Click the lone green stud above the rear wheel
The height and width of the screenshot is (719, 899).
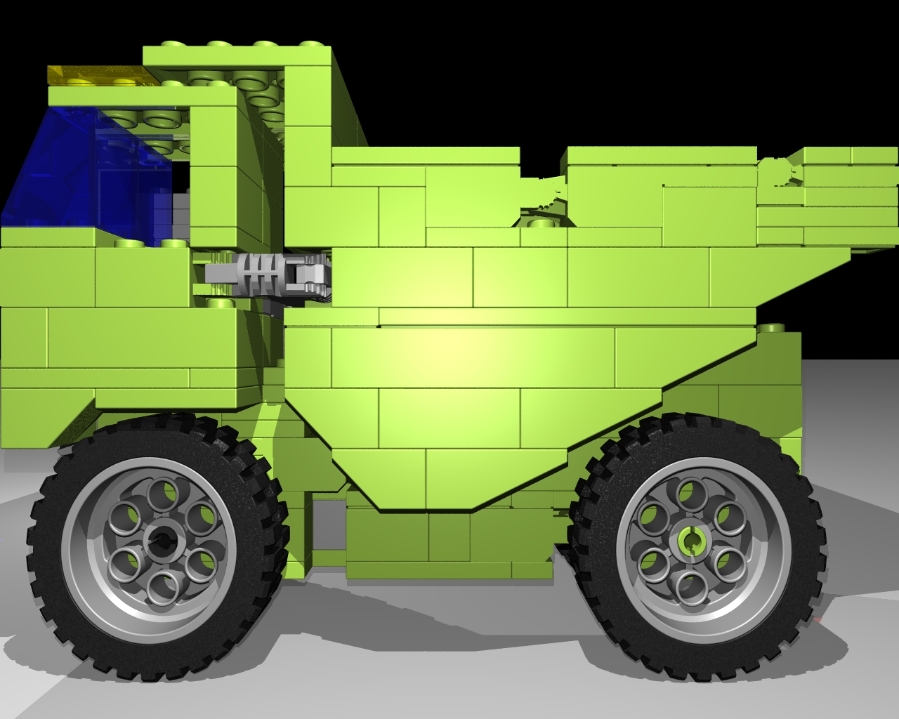tap(773, 328)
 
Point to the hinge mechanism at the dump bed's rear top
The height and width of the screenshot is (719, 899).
tap(780, 172)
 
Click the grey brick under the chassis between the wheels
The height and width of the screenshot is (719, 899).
tap(327, 520)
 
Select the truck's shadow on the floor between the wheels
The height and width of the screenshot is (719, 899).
tap(421, 611)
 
